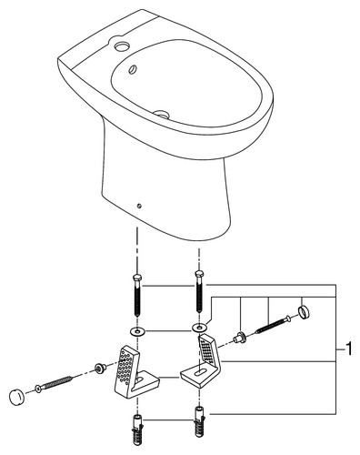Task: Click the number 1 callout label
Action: coord(349,349)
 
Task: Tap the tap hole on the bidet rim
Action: coord(122,47)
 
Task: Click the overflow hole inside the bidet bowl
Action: coord(133,69)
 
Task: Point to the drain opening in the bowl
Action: coord(162,114)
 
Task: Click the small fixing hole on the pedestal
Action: coord(139,207)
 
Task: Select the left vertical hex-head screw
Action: coord(137,294)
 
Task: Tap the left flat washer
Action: coord(137,331)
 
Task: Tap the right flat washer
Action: coord(199,328)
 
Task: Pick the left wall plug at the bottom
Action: coord(137,427)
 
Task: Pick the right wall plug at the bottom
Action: coord(199,421)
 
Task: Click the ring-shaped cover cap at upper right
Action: coord(304,311)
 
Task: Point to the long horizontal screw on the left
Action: coord(54,383)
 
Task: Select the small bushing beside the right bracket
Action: coord(239,337)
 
